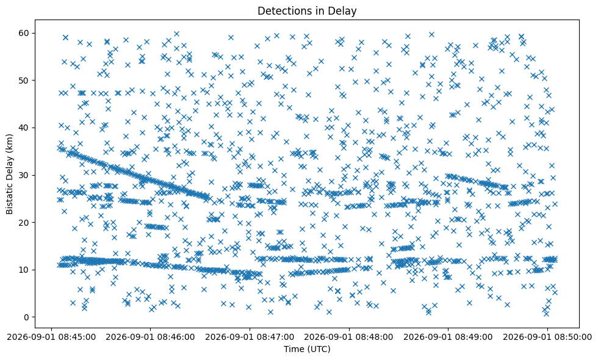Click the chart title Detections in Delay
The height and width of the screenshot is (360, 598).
307,11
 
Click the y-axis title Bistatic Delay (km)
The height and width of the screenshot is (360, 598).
9,174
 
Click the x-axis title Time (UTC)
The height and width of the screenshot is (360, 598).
307,349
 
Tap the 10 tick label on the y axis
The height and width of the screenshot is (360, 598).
25,270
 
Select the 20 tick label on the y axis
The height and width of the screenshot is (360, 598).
25,223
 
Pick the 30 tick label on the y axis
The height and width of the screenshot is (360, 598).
25,176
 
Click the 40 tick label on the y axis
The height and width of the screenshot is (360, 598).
25,128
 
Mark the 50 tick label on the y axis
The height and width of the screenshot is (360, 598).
25,81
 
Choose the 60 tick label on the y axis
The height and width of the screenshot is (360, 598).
25,33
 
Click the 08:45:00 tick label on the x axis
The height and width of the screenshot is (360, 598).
51,337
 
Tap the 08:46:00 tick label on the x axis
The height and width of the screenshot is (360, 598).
150,337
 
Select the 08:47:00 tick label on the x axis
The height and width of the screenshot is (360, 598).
250,337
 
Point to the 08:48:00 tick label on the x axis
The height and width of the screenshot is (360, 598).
349,337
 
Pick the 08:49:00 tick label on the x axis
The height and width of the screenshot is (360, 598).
448,337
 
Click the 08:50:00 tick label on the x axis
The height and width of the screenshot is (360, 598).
548,337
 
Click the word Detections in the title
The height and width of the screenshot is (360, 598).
285,11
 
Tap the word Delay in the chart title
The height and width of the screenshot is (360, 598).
342,12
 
